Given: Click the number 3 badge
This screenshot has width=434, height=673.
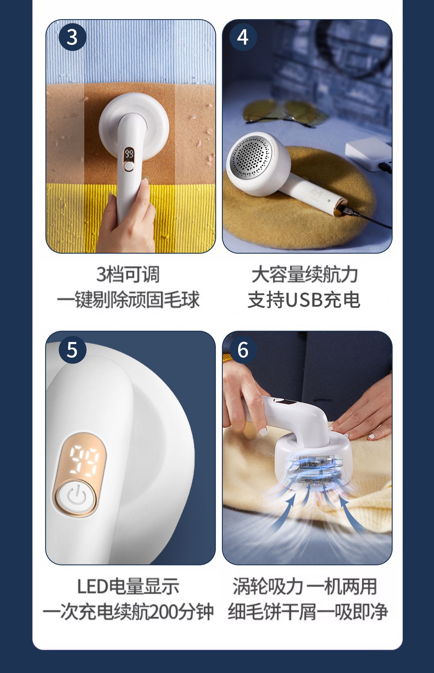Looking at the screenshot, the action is click(72, 37).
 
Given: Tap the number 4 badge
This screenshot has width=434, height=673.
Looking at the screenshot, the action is click(243, 37).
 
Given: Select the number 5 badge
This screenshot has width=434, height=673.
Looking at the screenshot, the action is click(72, 350).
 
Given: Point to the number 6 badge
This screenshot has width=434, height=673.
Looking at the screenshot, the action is click(243, 350).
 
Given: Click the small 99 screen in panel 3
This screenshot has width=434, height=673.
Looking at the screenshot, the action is click(129, 154).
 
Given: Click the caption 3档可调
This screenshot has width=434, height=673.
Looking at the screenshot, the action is click(128, 274).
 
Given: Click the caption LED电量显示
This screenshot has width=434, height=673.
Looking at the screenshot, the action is click(128, 586).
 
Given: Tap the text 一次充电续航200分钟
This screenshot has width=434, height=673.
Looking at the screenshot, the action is click(128, 612).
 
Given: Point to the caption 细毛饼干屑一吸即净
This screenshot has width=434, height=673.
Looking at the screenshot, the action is click(307, 612).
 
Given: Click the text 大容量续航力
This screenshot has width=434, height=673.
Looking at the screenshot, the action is click(305, 274).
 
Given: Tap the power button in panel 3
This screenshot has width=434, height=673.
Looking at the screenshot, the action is click(128, 166).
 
